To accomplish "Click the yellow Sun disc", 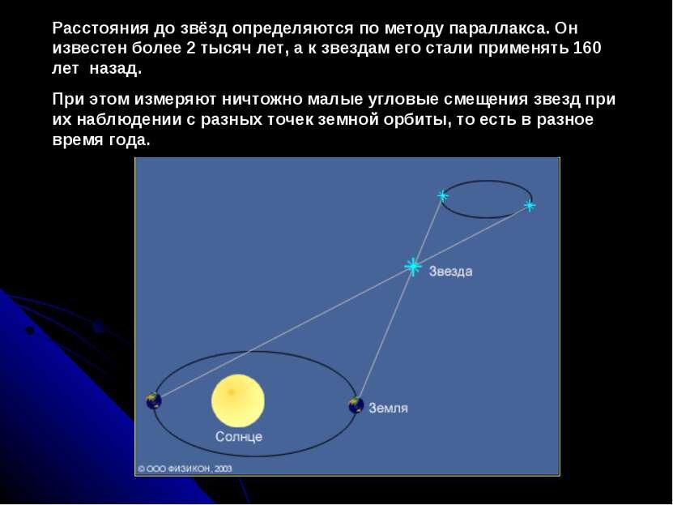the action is click(238, 400).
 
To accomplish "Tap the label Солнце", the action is click(239, 437).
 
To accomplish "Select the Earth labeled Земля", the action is click(356, 405).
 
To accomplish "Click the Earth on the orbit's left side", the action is click(154, 400).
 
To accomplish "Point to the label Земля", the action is click(388, 408).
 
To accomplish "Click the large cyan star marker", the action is click(413, 267).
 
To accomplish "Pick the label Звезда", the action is click(450, 272).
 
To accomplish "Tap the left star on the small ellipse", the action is click(442, 196).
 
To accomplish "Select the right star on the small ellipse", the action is click(530, 206).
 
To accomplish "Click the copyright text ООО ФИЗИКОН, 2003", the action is click(185, 469).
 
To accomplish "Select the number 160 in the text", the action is click(587, 48).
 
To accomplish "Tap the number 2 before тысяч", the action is click(191, 48).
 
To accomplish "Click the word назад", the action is click(116, 69).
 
